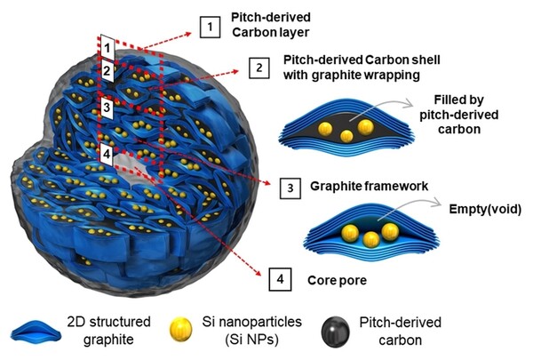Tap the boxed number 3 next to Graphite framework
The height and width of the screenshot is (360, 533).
pyautogui.click(x=289, y=188)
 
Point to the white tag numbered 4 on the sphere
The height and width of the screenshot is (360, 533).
pyautogui.click(x=107, y=153)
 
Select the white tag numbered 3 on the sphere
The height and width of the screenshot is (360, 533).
pyautogui.click(x=107, y=108)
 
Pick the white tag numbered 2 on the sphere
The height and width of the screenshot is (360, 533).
pyautogui.click(x=107, y=69)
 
